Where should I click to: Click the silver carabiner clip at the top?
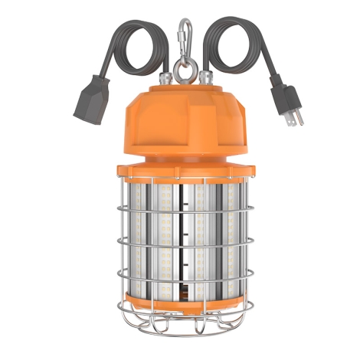click(x=182, y=34)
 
